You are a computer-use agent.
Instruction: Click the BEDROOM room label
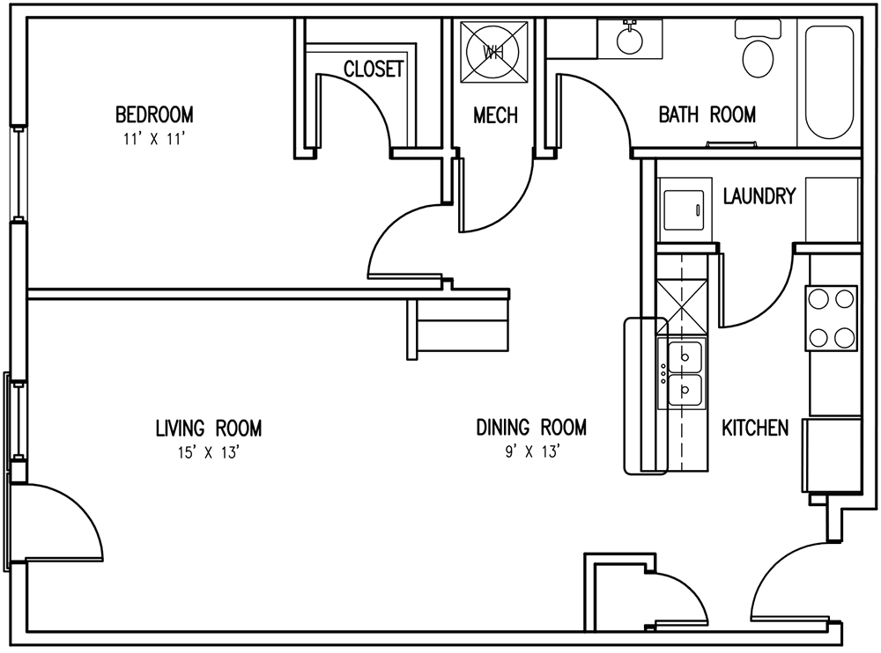154,114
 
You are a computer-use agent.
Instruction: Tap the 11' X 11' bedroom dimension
154,138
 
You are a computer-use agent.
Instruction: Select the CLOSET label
374,69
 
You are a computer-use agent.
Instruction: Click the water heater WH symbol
493,51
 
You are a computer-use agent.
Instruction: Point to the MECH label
495,115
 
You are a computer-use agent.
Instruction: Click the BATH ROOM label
707,114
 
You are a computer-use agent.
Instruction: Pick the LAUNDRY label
759,195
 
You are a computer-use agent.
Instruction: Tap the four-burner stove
831,318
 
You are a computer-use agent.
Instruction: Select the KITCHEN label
755,428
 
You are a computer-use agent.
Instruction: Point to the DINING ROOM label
531,428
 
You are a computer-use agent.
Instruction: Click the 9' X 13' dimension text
531,452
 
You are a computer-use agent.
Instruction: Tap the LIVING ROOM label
208,429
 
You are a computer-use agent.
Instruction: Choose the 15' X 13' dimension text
208,452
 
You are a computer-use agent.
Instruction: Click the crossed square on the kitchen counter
682,306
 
